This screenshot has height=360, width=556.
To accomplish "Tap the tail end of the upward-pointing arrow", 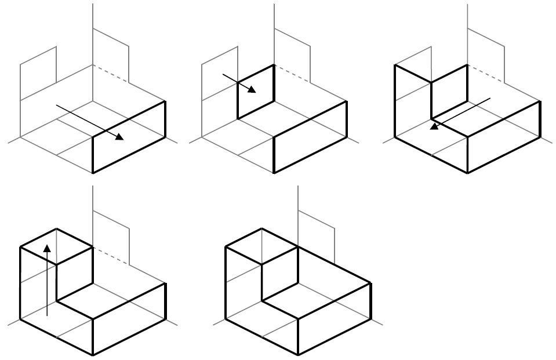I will point(48,315).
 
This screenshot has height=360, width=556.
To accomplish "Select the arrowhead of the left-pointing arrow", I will point(433,126).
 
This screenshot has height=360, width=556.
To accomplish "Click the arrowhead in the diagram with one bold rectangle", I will point(120,137).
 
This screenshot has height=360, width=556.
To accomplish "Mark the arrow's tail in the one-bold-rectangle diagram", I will point(56,106).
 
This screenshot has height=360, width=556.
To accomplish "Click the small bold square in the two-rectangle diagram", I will point(256,92).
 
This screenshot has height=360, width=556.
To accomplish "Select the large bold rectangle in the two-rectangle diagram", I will point(310,137).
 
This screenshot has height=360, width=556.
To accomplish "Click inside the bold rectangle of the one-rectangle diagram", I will point(129,137).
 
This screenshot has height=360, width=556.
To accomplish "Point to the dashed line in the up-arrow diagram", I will point(111,256).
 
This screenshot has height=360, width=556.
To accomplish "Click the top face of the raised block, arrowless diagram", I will point(261,246).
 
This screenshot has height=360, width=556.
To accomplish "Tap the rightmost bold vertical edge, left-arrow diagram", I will point(540,119).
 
